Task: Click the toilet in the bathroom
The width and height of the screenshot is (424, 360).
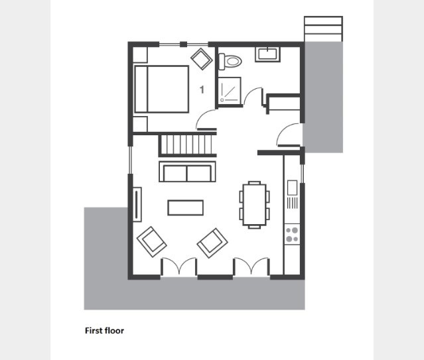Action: point(230,62)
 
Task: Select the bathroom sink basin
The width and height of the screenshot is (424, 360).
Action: point(267,54)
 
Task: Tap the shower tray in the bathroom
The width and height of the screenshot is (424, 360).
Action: point(230,90)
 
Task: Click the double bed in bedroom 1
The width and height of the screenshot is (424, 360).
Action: point(161,89)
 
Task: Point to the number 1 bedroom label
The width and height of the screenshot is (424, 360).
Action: point(202,90)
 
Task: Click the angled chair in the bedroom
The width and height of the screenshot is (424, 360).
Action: point(202,59)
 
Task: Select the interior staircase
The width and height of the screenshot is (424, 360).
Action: point(187,145)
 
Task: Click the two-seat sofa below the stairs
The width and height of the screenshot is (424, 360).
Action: point(187,172)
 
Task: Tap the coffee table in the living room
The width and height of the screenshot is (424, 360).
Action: point(186,208)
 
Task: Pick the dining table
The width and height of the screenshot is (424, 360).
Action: point(254,205)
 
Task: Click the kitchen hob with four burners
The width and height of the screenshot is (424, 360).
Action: point(292,234)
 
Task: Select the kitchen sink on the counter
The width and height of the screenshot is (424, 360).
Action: point(293,188)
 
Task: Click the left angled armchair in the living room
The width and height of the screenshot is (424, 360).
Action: point(151,241)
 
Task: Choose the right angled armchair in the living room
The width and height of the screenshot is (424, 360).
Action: point(212,243)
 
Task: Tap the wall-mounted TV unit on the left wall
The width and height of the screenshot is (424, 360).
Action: point(137,204)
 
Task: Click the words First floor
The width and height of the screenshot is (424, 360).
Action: point(104,331)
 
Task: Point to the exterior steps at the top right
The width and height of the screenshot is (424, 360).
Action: point(323,29)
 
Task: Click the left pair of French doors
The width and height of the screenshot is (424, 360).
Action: point(178,267)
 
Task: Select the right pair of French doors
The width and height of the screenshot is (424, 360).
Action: point(251,267)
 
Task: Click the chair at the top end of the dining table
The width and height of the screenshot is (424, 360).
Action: point(254,183)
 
